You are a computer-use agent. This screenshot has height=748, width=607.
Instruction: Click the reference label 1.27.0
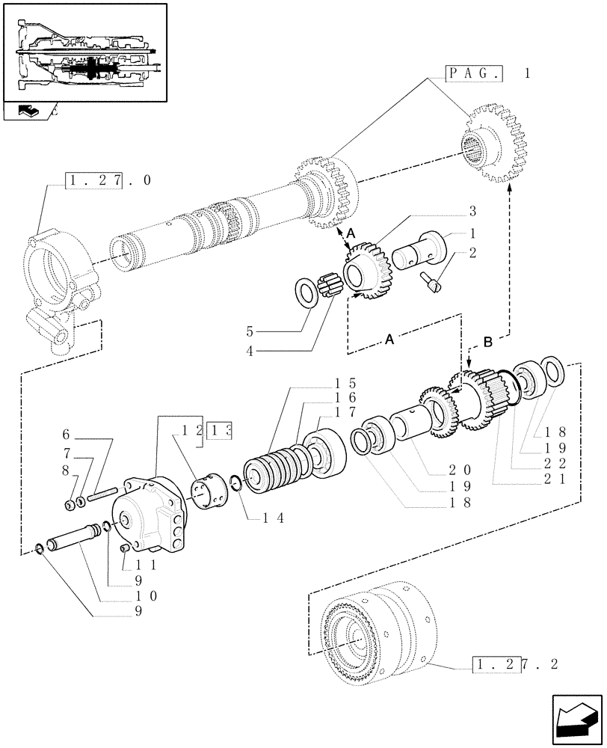point(108,180)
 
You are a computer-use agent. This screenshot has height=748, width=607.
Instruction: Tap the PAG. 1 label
point(488,73)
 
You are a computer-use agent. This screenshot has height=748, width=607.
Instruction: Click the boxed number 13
point(221,430)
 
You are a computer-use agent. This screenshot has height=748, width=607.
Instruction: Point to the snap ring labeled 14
point(235,484)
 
